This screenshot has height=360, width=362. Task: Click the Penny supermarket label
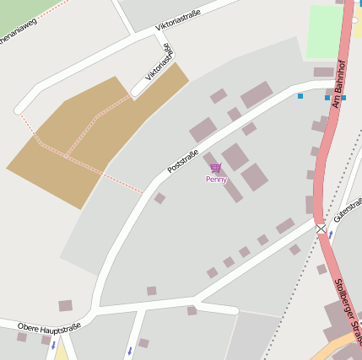click(216, 180)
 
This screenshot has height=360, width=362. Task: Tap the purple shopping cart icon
click(216, 169)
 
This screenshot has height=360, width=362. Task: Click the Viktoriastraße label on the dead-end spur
click(158, 62)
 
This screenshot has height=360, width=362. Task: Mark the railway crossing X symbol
click(321, 228)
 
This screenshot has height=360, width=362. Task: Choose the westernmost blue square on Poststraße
click(300, 96)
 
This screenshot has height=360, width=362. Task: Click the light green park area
click(325, 31)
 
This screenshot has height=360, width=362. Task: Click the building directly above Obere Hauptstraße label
click(65, 305)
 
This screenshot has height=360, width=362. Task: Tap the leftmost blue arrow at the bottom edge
click(53, 344)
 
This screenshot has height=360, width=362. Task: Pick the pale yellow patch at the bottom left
click(61, 352)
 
